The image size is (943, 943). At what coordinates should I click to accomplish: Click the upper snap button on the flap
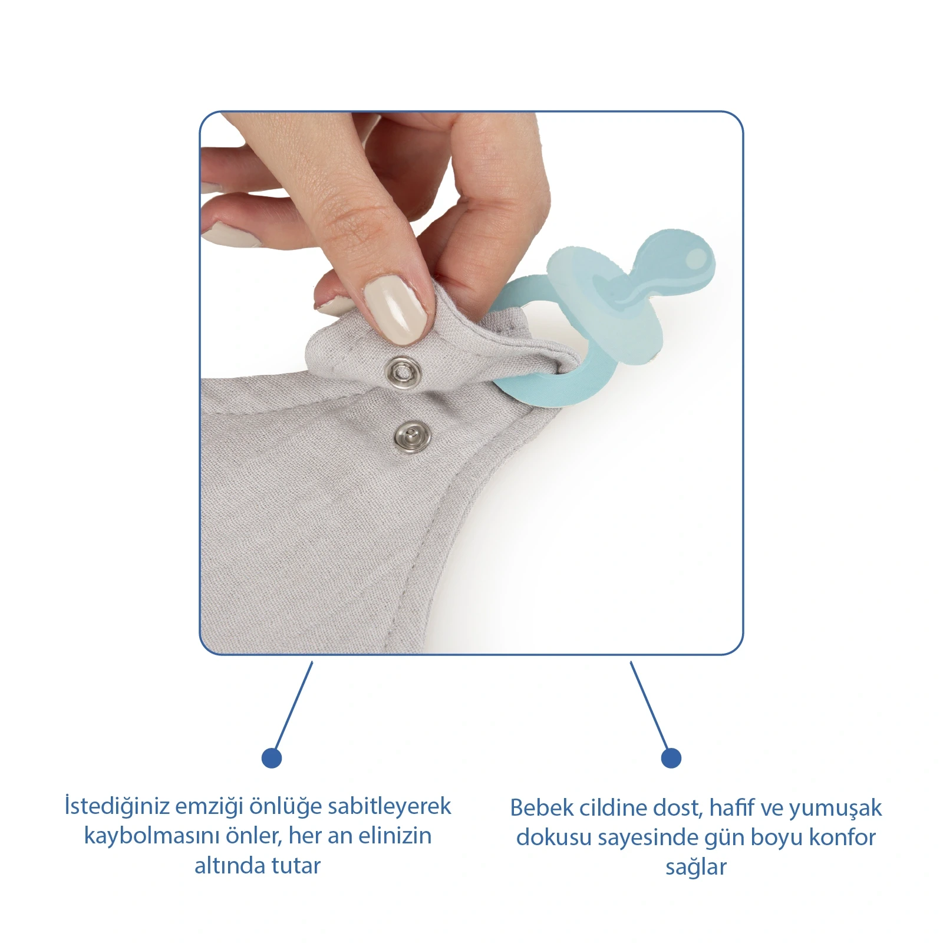click(x=403, y=372)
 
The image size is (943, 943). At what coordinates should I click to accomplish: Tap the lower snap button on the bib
click(x=412, y=437)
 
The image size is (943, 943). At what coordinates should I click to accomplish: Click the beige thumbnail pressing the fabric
click(x=397, y=309)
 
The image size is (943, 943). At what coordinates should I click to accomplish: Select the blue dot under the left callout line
click(x=272, y=757)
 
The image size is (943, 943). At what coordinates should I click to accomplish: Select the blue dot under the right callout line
click(x=671, y=757)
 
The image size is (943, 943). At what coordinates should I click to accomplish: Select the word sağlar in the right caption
click(x=696, y=868)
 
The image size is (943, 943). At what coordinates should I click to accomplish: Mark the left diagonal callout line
click(x=293, y=706)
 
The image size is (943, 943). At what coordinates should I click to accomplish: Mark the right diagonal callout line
click(x=649, y=706)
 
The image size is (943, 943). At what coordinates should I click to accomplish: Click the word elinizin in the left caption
click(x=395, y=836)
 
